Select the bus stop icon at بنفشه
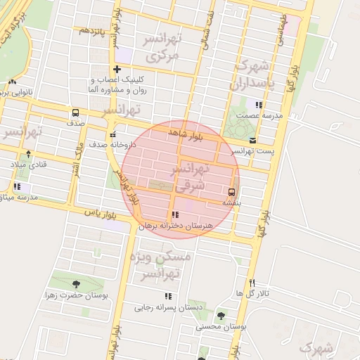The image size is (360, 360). click(x=231, y=190)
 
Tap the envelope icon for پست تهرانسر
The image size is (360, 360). click(x=252, y=140)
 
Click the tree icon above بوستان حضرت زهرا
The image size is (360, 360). click(x=75, y=284)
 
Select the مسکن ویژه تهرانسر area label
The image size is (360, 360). click(x=162, y=266)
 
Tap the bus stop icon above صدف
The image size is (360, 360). click(x=75, y=112)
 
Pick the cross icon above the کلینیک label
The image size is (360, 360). click(x=117, y=70)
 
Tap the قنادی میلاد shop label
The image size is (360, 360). click(x=27, y=163)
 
